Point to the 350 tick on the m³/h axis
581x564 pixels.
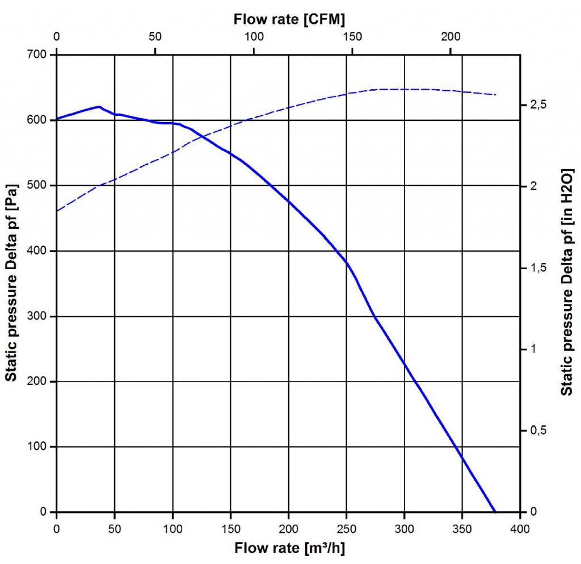tap(462, 529)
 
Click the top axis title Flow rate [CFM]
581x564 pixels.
tap(289, 19)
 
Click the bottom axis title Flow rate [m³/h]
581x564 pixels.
tap(289, 549)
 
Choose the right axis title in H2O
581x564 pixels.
tap(566, 284)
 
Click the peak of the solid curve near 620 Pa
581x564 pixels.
tap(99, 107)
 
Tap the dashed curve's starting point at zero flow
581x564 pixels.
tap(57, 211)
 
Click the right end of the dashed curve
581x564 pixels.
tap(496, 95)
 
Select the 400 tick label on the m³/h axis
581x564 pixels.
tap(520, 529)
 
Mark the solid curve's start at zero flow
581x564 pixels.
tap(57, 119)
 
